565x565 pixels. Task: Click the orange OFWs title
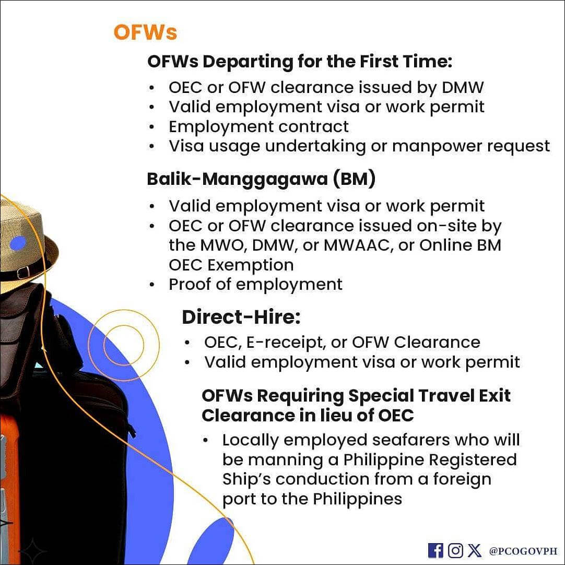tap(145, 32)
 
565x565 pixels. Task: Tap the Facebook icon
tap(435, 550)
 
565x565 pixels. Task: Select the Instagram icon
tap(455, 550)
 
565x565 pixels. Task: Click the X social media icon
tap(475, 550)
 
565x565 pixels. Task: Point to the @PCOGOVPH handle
tap(523, 551)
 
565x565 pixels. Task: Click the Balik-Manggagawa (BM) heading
tap(261, 179)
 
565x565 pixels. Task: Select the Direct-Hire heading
tap(241, 317)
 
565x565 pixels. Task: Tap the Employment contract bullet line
tap(258, 126)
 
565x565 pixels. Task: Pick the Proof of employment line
tap(255, 284)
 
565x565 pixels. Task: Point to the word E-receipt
tap(286, 343)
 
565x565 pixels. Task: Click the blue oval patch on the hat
tap(18, 243)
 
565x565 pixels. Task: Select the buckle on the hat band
tap(23, 272)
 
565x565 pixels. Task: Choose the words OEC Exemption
tap(231, 265)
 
